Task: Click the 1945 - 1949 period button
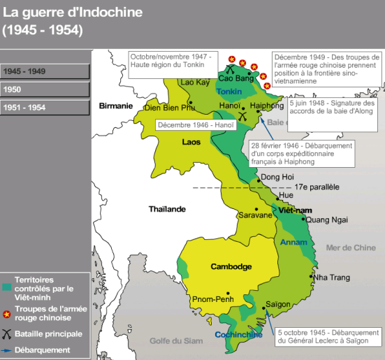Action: pos(45,71)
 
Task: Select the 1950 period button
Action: pos(45,89)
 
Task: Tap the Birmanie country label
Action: pos(116,106)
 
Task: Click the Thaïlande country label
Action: pos(167,208)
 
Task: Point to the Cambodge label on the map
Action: pos(231,267)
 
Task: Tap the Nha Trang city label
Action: pos(330,278)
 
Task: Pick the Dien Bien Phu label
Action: pos(168,108)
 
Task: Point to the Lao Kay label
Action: pos(195,82)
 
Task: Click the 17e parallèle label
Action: pos(317,187)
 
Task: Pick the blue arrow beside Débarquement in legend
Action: pos(8,350)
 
